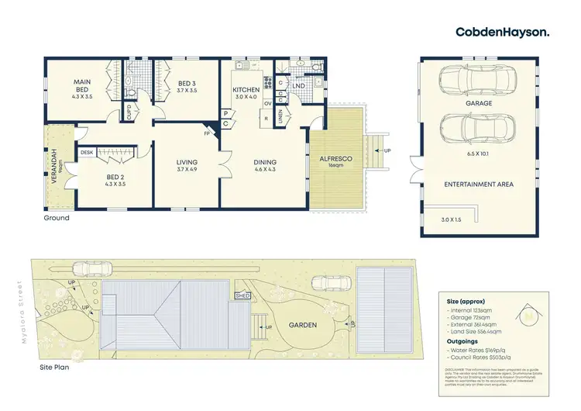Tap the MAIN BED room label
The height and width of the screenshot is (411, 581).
pos(83,85)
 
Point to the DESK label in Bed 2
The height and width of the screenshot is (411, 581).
pos(86,153)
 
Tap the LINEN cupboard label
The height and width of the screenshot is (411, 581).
pos(280,117)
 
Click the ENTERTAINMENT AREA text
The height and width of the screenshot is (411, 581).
pos(478,185)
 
